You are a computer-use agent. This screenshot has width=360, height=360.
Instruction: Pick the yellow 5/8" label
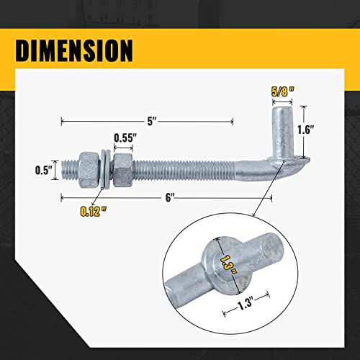click(x=283, y=91)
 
